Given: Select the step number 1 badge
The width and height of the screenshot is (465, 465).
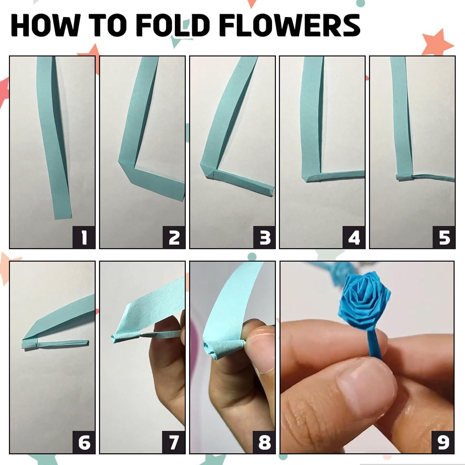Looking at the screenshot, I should pyautogui.click(x=84, y=237).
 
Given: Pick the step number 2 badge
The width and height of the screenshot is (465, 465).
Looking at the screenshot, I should pyautogui.click(x=174, y=237).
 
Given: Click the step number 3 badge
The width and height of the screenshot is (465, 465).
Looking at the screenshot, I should pyautogui.click(x=264, y=237).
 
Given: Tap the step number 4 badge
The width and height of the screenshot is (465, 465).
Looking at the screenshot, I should pyautogui.click(x=354, y=237).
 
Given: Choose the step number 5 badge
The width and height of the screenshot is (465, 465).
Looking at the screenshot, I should pyautogui.click(x=444, y=237).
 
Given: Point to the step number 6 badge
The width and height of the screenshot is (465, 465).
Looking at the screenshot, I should pyautogui.click(x=84, y=442).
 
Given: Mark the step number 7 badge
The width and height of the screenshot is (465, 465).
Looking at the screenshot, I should pyautogui.click(x=174, y=442).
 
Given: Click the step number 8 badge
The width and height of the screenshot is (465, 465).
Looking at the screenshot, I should pyautogui.click(x=264, y=442).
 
